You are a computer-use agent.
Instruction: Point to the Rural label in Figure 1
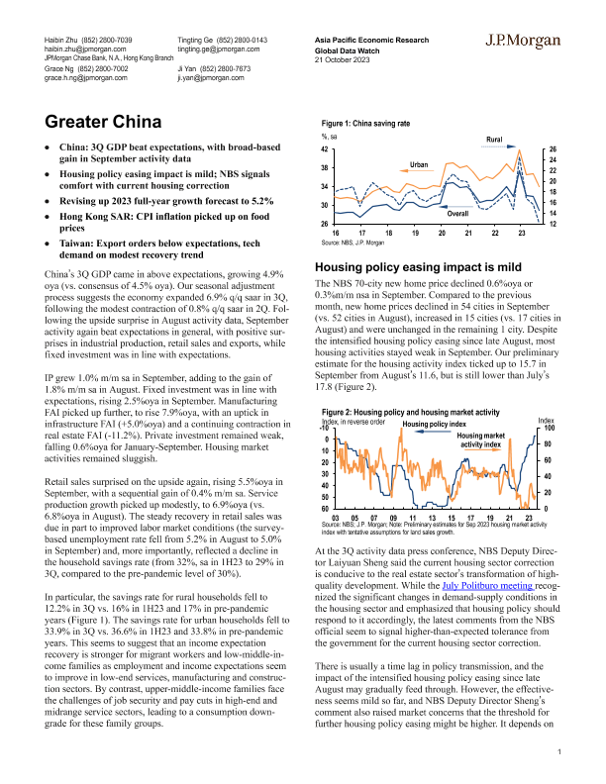(x=497, y=141)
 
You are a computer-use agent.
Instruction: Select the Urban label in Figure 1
(x=417, y=163)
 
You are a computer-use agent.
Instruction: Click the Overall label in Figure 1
(x=458, y=213)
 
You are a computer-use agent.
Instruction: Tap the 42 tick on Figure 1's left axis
(x=325, y=148)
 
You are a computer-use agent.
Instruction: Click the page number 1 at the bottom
(x=559, y=754)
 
